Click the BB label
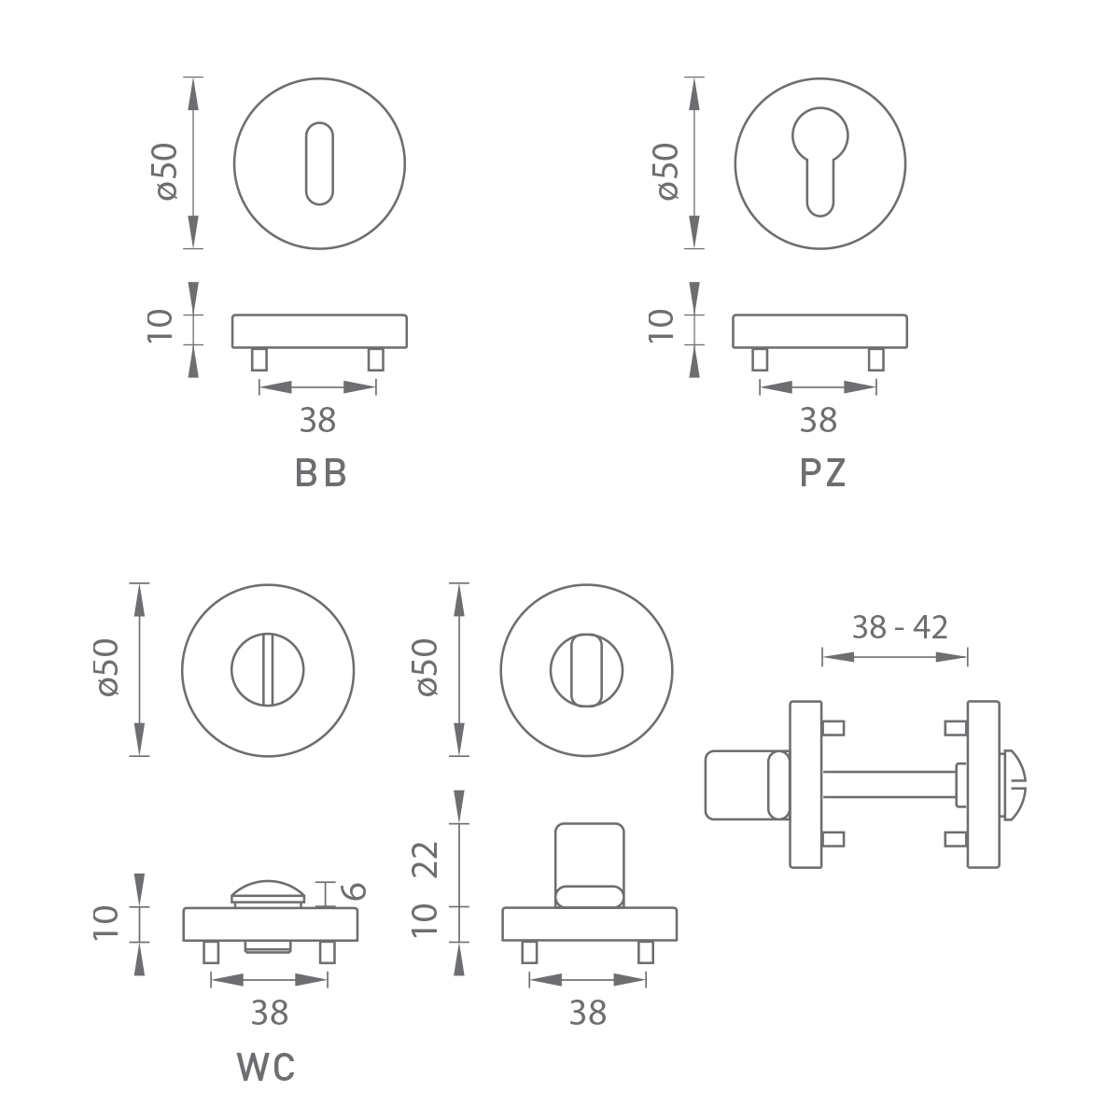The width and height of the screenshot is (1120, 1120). (321, 474)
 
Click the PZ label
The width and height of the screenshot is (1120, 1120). (822, 474)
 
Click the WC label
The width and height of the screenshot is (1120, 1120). (267, 1067)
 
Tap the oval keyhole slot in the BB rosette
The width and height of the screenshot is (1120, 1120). (319, 162)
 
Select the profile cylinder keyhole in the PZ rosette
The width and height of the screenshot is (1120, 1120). (819, 159)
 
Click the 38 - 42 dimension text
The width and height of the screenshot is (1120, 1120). (900, 627)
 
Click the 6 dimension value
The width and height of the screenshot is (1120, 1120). (357, 890)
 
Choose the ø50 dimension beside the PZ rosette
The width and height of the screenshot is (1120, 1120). (666, 170)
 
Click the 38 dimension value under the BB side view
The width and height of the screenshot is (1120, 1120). (317, 421)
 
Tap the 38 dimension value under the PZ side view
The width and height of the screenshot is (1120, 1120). (819, 421)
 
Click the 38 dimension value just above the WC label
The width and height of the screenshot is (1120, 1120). (270, 1012)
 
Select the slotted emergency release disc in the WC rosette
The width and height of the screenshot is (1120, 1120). (269, 668)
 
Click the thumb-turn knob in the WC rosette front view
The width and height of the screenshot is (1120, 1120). (586, 668)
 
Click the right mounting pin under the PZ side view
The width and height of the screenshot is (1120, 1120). (876, 358)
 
